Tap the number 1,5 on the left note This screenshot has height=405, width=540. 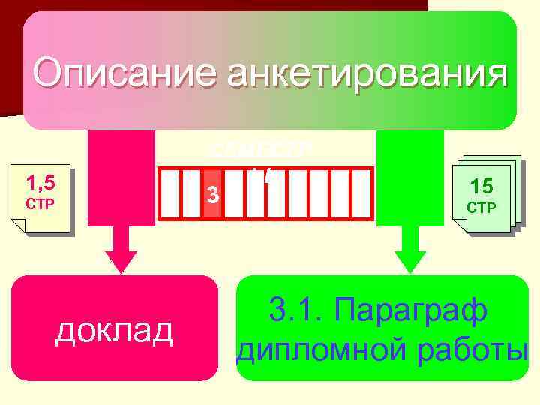point(39,182)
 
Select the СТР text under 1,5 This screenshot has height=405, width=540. point(38,204)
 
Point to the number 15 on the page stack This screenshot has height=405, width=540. point(481,185)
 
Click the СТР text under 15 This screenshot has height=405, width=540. point(481,208)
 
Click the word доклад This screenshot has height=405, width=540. point(114,331)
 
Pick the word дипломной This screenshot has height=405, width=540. point(315,349)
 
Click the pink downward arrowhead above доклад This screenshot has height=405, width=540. point(121,259)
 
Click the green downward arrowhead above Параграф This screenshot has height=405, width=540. point(410,259)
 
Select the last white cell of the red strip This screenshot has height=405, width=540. point(362,194)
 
